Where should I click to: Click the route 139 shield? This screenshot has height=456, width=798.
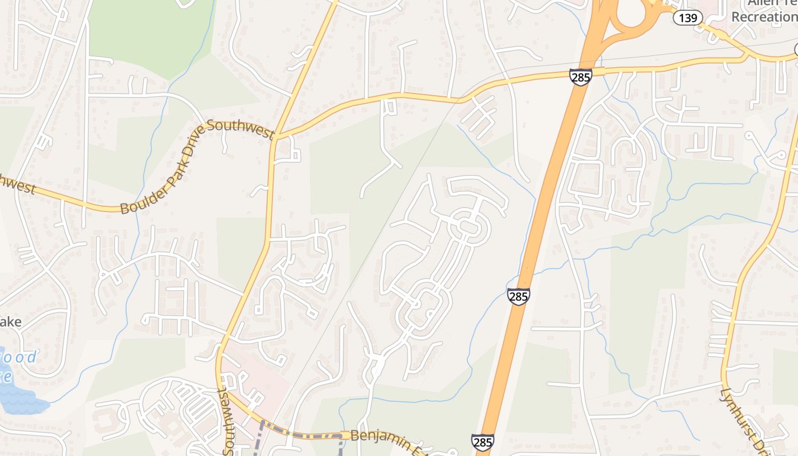687,18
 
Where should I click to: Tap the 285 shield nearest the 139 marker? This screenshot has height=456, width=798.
580,77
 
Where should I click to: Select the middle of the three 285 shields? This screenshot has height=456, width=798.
518,296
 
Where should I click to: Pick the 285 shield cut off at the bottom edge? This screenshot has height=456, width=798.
482,442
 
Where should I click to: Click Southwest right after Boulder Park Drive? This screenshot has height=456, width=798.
241,129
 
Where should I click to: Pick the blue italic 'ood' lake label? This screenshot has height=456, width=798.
21,358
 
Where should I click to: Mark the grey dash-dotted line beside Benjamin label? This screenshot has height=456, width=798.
302,435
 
